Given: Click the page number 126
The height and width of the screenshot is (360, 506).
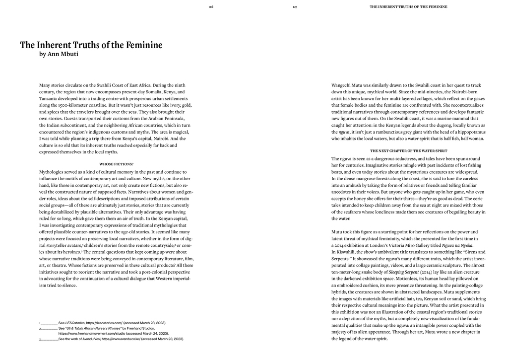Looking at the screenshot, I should click(x=211, y=7).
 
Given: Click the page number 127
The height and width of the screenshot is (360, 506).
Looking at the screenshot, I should click(x=295, y=7).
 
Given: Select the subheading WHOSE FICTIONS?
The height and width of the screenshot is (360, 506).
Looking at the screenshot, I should click(x=116, y=164).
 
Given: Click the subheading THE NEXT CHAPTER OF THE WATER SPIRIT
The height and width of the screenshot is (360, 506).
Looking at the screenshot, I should click(x=409, y=150).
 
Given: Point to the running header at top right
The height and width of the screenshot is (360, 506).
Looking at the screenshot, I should click(x=409, y=7).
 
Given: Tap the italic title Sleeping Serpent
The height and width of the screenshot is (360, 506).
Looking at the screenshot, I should click(x=404, y=272).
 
